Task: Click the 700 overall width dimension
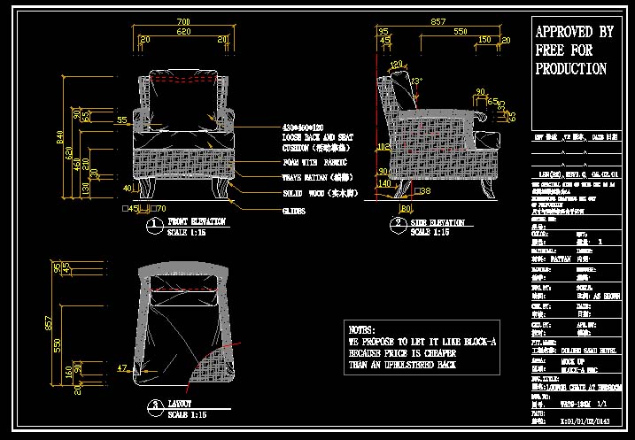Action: pyautogui.click(x=183, y=21)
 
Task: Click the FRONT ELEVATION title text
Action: pyautogui.click(x=196, y=221)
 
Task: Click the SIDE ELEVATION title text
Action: pyautogui.click(x=438, y=222)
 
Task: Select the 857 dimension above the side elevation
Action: pyautogui.click(x=438, y=20)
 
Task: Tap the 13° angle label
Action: pyautogui.click(x=417, y=81)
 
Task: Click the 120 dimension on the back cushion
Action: pyautogui.click(x=396, y=64)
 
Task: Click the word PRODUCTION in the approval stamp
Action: pyautogui.click(x=571, y=69)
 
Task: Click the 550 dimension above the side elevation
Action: pyautogui.click(x=461, y=31)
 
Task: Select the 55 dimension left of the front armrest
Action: pyautogui.click(x=121, y=120)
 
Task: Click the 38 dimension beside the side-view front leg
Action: pyautogui.click(x=425, y=190)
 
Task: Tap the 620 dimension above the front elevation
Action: pyautogui.click(x=182, y=31)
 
